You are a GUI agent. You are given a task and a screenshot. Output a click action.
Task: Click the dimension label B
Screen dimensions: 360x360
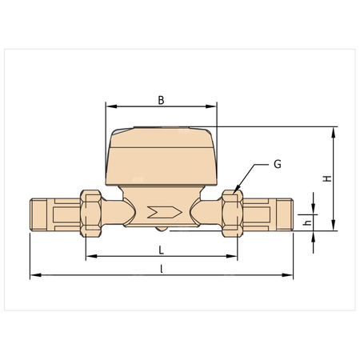[x=161, y=100]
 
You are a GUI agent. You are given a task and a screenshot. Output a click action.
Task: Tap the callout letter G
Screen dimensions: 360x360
[x=277, y=164]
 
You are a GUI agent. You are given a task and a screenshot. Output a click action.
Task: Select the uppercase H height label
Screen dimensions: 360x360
[x=326, y=178]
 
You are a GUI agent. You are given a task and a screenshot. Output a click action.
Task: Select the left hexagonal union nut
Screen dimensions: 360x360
[x=91, y=213]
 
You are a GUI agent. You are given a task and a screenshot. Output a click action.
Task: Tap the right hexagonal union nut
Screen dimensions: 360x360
[x=232, y=213]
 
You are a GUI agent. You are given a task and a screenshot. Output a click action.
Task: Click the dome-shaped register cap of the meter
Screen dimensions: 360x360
[x=162, y=156]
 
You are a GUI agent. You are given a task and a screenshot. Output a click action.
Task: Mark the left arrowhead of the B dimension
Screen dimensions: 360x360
[x=110, y=106]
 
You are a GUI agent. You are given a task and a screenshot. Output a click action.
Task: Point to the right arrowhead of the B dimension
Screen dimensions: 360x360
[x=214, y=106]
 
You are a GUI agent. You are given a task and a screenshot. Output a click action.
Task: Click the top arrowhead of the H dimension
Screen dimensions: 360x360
[x=333, y=130]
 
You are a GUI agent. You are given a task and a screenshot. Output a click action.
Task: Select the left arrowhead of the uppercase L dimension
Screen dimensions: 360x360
[x=89, y=256]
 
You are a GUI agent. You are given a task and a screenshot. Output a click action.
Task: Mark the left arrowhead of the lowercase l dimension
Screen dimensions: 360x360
[x=34, y=276]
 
